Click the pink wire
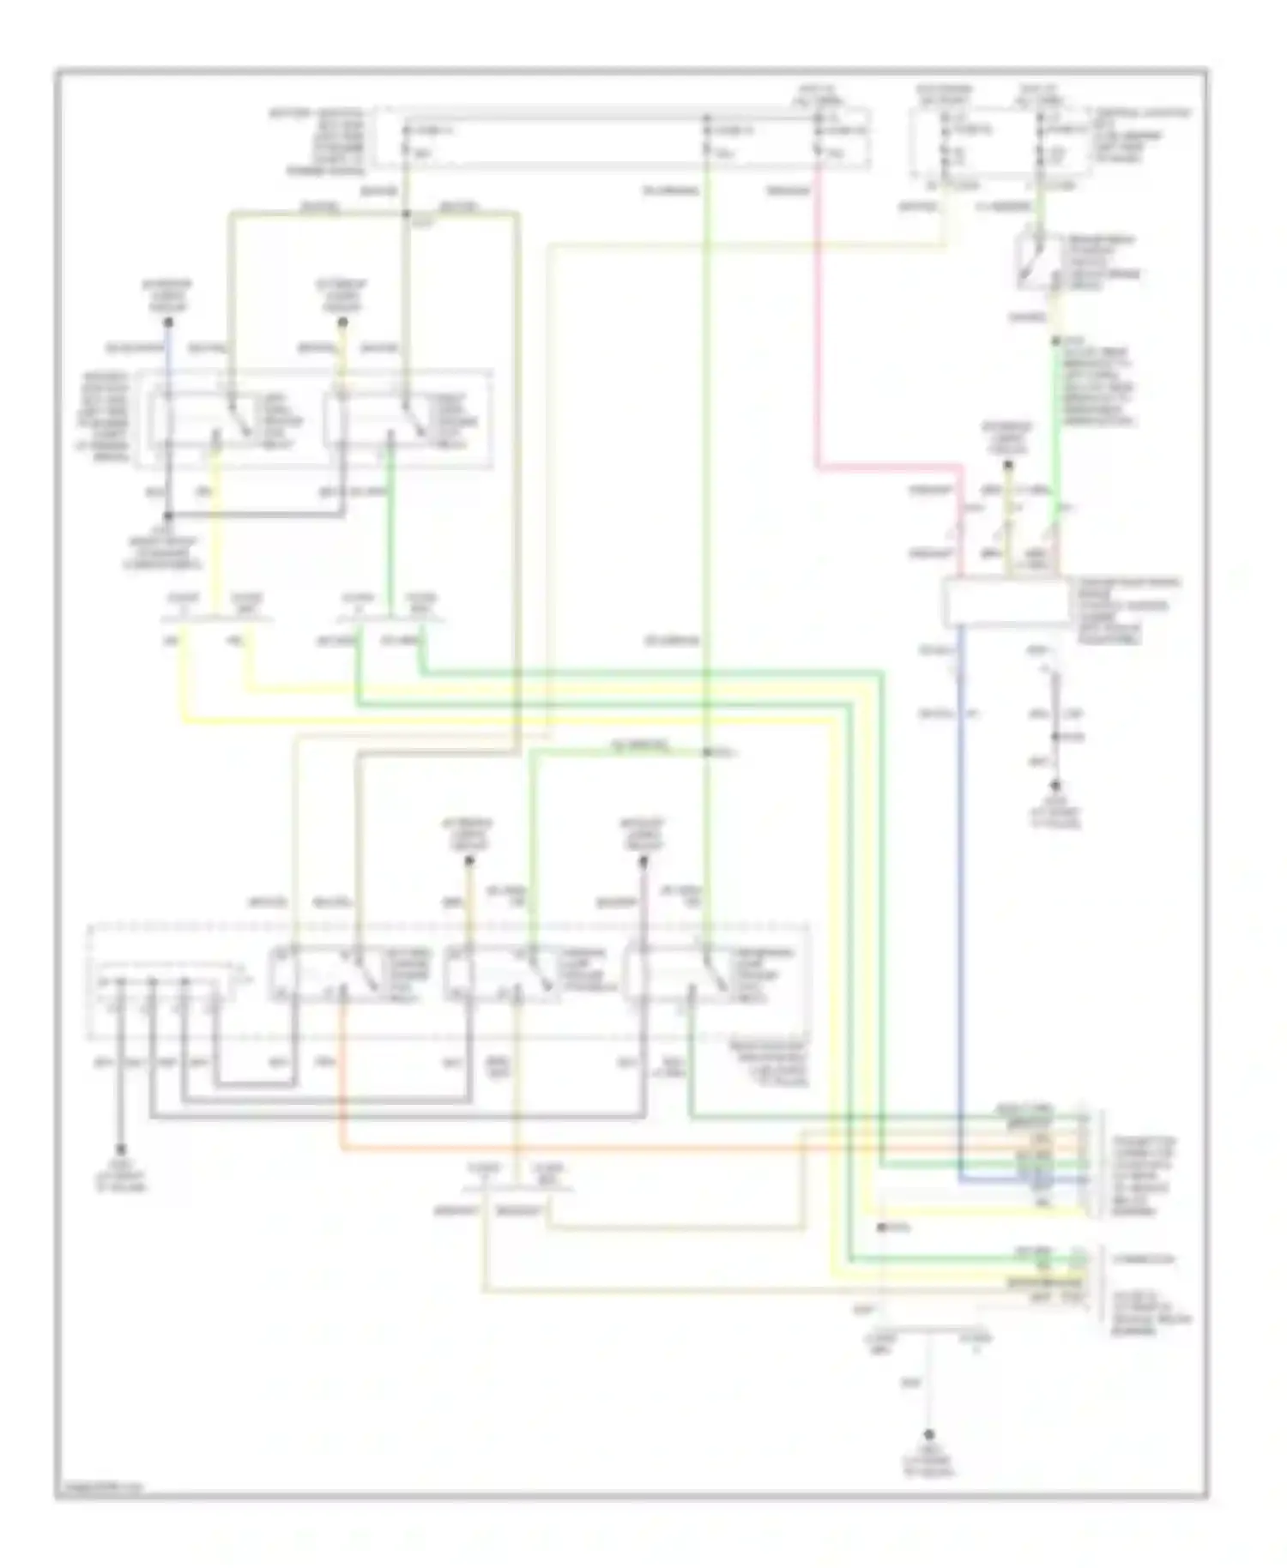click(x=817, y=343)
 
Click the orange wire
click(x=601, y=1149)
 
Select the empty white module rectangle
click(x=1006, y=604)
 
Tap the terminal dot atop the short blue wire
click(x=169, y=323)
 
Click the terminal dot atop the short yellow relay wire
click(x=342, y=323)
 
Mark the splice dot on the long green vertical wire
click(x=705, y=752)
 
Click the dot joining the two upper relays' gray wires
click(x=169, y=516)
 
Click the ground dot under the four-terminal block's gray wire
click(x=121, y=1150)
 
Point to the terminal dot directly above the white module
click(x=1008, y=466)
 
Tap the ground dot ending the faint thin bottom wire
click(x=928, y=1434)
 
